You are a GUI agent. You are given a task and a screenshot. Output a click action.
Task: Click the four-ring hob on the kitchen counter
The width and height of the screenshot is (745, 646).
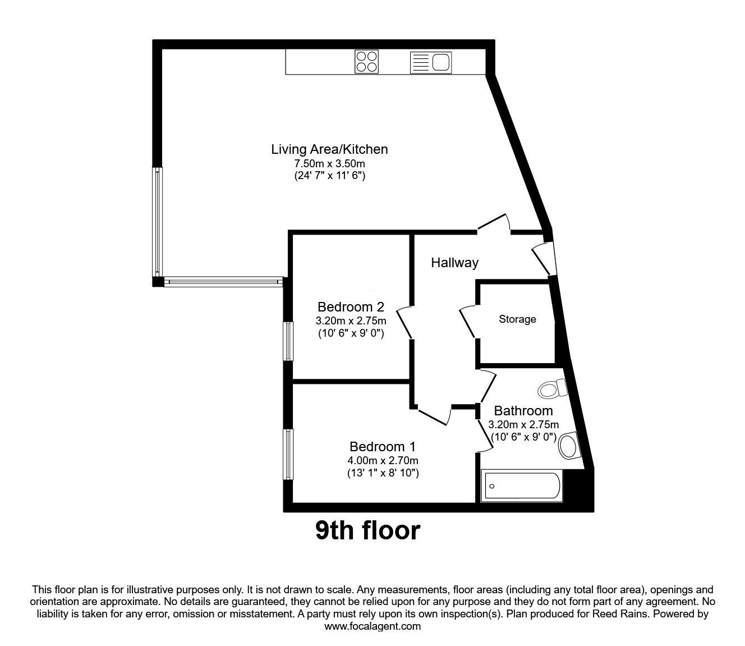point(367,62)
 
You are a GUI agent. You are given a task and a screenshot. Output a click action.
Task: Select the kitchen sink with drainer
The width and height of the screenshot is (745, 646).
point(431,62)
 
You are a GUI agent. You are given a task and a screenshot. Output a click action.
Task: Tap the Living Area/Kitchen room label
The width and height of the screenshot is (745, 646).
point(329,149)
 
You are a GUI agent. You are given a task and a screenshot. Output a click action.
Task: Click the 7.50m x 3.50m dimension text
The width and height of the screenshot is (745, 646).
point(330,164)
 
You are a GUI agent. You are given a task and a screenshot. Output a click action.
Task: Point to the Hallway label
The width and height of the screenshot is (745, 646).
point(454,263)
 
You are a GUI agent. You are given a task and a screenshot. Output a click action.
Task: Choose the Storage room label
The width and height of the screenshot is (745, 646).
point(517,319)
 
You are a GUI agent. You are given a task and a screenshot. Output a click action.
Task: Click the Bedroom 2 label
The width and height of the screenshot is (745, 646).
point(351,307)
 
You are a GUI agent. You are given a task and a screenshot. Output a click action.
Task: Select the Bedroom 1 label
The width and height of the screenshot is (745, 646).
point(383,447)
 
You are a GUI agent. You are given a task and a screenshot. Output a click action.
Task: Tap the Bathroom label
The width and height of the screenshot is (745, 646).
point(523,411)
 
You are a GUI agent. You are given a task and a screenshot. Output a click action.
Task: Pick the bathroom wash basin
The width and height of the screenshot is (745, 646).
point(568,446)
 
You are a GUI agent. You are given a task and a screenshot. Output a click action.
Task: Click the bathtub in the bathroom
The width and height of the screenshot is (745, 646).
point(522,486)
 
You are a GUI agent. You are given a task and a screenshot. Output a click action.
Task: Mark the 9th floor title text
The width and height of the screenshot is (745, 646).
point(367,530)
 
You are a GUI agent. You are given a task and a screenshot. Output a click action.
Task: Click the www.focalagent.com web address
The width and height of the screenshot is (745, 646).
point(372,626)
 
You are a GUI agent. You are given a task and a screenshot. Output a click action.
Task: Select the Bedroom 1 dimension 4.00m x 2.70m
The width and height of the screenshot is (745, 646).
point(383,461)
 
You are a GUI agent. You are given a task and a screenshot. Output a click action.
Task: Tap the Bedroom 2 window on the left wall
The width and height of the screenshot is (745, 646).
point(288,341)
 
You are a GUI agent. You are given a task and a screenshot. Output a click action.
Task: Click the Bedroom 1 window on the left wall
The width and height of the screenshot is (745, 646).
point(288,454)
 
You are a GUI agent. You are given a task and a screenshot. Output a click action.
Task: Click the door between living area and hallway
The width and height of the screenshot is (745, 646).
point(494,223)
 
